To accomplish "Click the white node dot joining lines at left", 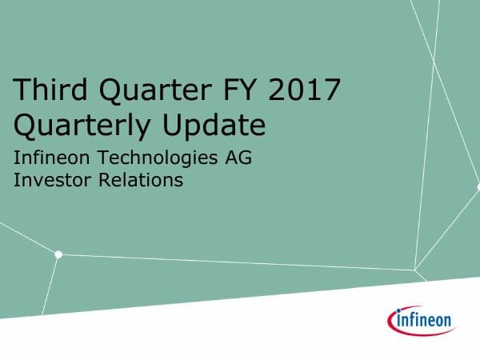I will tap(58, 254).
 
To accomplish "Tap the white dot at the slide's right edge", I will tap(478, 186).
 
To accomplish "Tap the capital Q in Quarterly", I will tap(26, 126).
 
